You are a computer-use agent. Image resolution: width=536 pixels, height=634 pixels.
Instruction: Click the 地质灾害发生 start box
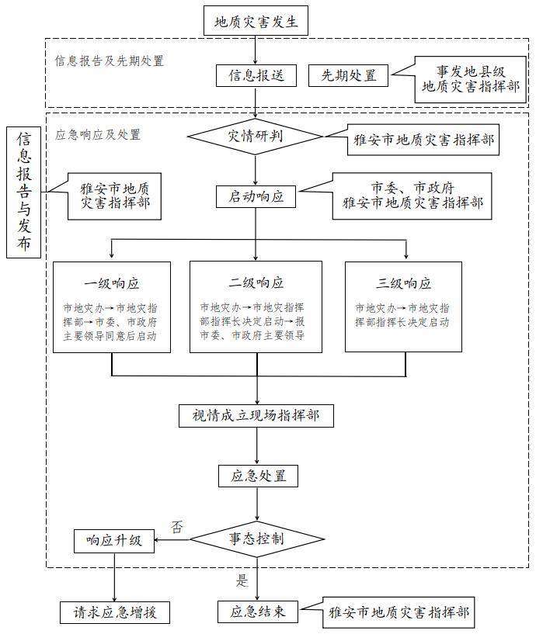click(x=256, y=21)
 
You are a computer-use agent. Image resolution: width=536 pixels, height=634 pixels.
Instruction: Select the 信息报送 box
click(x=256, y=75)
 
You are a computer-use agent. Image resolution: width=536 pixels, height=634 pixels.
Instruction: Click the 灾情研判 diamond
click(x=256, y=136)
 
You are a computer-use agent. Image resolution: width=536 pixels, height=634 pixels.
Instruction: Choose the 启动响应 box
click(x=256, y=196)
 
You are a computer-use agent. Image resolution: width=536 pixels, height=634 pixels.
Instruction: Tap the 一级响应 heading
click(x=112, y=283)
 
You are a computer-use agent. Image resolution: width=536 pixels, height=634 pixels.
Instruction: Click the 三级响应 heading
click(x=403, y=283)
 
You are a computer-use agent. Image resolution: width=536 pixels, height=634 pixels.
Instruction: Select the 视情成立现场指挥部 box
click(x=256, y=415)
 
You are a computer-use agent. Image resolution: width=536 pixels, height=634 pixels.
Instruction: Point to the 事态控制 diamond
click(x=256, y=538)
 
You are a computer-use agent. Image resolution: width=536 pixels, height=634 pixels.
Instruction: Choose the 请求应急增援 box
click(x=114, y=611)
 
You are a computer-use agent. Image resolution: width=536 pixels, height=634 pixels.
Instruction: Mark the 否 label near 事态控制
click(x=178, y=527)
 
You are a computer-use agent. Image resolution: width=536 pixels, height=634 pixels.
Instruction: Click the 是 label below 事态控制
click(x=241, y=580)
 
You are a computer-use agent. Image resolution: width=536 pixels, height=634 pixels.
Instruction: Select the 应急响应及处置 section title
click(x=98, y=134)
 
